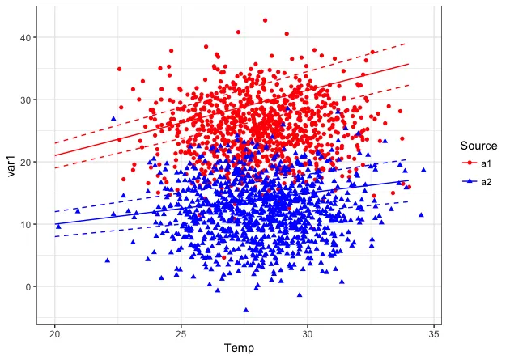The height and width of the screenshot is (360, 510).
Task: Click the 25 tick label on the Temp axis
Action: (x=181, y=334)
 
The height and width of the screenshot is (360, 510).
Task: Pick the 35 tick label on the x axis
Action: (x=434, y=334)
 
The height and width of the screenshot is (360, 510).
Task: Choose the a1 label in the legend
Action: (x=487, y=163)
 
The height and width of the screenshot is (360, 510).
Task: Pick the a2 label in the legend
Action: (x=487, y=181)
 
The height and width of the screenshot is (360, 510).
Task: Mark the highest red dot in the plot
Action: (x=265, y=20)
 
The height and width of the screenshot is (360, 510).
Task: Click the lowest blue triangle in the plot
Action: (x=246, y=310)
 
